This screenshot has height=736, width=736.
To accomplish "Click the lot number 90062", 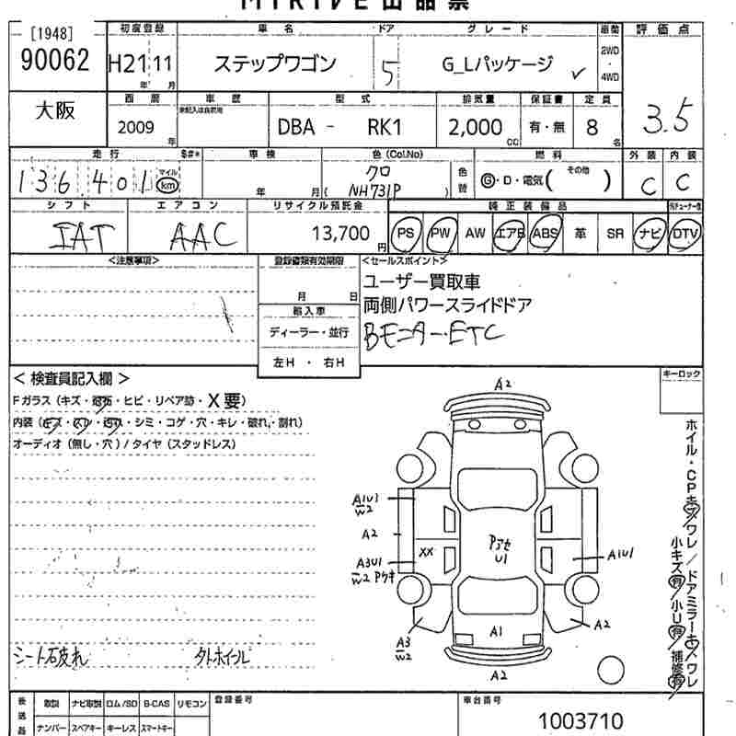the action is point(54,61).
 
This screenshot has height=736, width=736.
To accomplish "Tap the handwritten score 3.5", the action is point(667,118).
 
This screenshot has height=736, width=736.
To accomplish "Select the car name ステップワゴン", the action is point(275,64).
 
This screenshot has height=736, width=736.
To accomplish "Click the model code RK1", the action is point(390,127).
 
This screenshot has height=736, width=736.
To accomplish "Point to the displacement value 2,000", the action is point(475,127).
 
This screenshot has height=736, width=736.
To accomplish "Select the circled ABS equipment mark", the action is point(546,234).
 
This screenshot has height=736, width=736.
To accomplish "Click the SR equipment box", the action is point(615,234).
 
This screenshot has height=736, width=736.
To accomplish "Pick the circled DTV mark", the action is point(684,234).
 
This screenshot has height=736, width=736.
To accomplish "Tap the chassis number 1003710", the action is point(581,719).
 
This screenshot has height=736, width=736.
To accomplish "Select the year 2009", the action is point(136,127).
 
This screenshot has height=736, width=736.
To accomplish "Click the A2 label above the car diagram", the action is point(502,384).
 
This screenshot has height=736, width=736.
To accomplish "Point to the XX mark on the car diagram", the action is point(426,552).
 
